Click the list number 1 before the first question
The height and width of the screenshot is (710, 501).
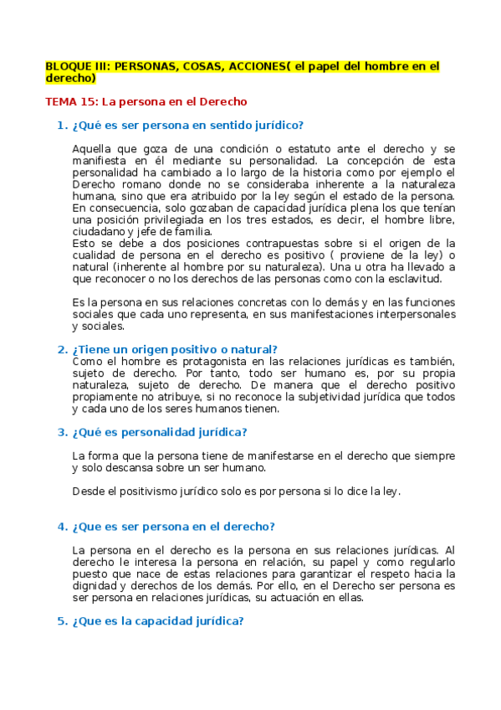coord(60,126)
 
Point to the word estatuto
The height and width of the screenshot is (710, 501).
coord(256,148)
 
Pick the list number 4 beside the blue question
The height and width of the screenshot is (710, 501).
coord(60,527)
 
